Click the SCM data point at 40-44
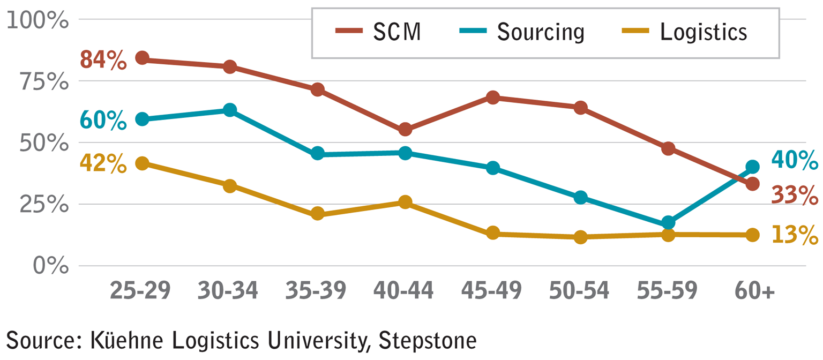tap(405, 130)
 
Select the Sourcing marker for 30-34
tap(230, 110)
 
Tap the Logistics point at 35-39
tap(317, 214)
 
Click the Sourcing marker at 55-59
tap(668, 222)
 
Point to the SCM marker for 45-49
tap(493, 97)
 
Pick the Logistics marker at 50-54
tap(580, 237)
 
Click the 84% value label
tap(103, 60)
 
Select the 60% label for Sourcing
tap(103, 120)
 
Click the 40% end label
tap(795, 160)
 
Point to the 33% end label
tap(795, 194)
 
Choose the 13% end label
tap(795, 235)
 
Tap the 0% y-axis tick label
tap(51, 266)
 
